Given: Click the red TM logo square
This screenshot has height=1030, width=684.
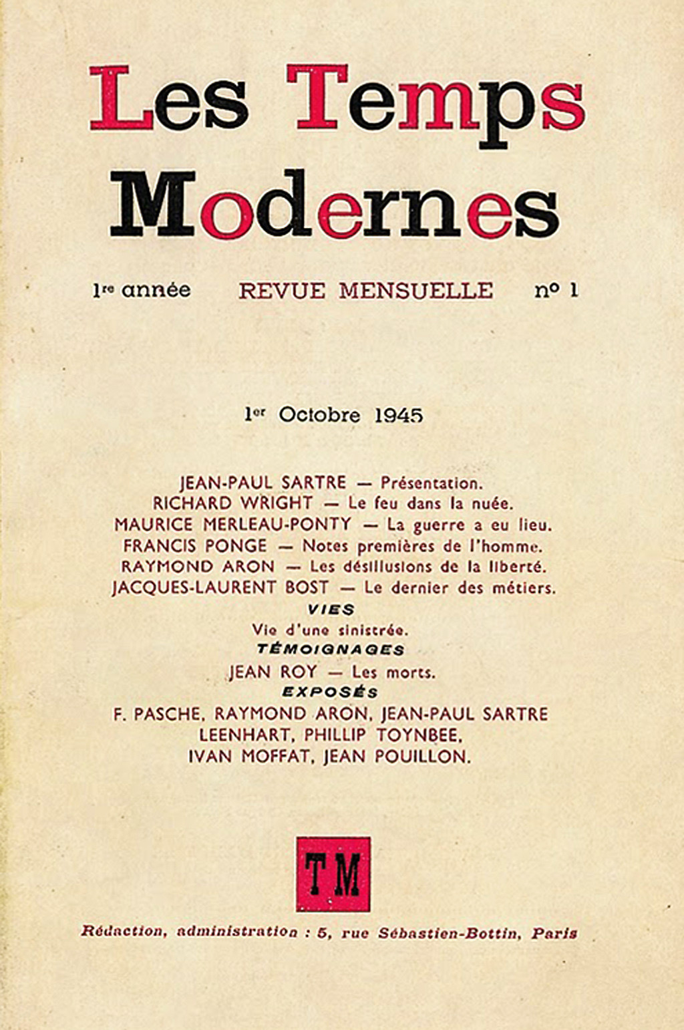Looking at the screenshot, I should point(333,874).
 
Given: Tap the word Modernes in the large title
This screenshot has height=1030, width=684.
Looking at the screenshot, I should point(334,205).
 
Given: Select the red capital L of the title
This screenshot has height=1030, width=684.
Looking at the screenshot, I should point(120,98).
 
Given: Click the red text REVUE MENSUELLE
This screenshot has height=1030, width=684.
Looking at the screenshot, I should point(366,291).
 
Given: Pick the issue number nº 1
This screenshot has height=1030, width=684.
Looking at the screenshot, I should point(556,291).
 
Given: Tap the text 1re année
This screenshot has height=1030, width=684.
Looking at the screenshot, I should point(142,290).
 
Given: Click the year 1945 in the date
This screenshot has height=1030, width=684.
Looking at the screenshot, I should point(399,415).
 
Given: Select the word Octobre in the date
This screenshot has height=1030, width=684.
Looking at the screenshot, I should point(319,415).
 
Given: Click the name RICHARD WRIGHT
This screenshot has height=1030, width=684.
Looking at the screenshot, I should point(232,503).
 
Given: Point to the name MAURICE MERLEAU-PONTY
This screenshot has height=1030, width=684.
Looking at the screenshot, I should point(232,525).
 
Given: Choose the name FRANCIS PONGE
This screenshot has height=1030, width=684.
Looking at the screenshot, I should point(195,546).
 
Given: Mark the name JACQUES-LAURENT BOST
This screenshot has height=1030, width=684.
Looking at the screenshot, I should point(220,588).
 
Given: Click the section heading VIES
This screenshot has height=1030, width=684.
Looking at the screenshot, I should point(331,610).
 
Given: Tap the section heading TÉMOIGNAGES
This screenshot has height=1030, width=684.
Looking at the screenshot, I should point(331,650).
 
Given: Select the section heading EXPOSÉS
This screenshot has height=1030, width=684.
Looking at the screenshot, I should point(330,692).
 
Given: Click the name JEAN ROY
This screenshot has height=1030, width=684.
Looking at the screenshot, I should point(273,672).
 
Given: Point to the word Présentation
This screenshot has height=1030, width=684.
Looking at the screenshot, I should point(431,483).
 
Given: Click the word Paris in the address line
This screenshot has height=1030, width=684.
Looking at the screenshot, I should point(554,933).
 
